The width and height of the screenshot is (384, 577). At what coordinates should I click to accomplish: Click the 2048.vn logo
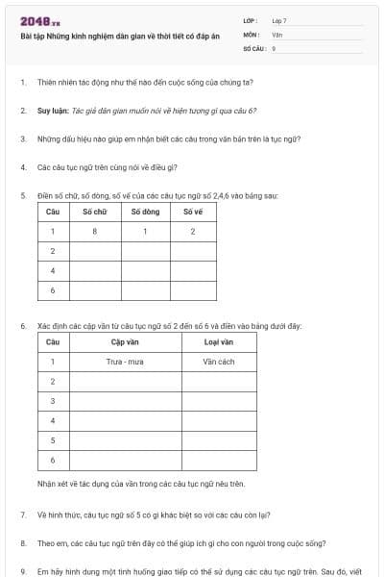40,21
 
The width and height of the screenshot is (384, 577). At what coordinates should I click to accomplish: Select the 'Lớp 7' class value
278,20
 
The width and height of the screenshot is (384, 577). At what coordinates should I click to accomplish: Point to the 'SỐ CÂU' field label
253,47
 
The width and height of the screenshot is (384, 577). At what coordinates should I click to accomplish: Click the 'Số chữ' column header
95,212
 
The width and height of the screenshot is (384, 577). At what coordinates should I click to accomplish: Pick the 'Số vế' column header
193,212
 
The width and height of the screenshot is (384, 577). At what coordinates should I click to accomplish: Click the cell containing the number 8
95,231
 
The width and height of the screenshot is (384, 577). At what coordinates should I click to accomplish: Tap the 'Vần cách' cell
218,362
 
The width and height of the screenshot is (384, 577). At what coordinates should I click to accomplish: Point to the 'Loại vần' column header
218,341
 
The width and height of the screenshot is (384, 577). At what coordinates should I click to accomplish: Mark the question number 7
23,514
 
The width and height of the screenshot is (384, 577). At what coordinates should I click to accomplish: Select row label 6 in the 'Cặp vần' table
52,461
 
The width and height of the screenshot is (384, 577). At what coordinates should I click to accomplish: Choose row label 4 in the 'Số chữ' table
52,270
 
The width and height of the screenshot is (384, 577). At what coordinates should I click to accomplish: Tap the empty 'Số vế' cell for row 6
193,289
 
